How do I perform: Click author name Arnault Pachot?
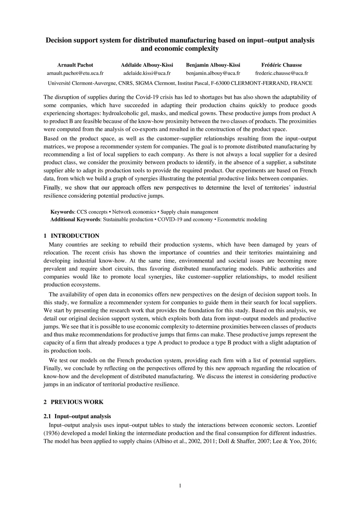pyautogui.click(x=75, y=65)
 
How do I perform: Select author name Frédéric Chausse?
pyautogui.click(x=282, y=65)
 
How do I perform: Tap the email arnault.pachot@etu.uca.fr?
pyautogui.click(x=75, y=73)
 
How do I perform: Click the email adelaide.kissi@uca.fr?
pyautogui.click(x=147, y=73)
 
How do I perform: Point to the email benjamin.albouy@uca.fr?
pyautogui.click(x=213, y=73)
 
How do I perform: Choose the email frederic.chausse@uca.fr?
pyautogui.click(x=282, y=73)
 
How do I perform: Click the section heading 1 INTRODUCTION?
pyautogui.click(x=71, y=236)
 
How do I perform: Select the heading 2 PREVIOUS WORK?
pyautogui.click(x=73, y=402)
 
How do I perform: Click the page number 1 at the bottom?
pyautogui.click(x=180, y=486)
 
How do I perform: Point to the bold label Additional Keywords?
pyautogui.click(x=75, y=219)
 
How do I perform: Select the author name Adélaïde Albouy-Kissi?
pyautogui.click(x=147, y=65)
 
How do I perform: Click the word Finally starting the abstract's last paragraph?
pyautogui.click(x=52, y=188)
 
